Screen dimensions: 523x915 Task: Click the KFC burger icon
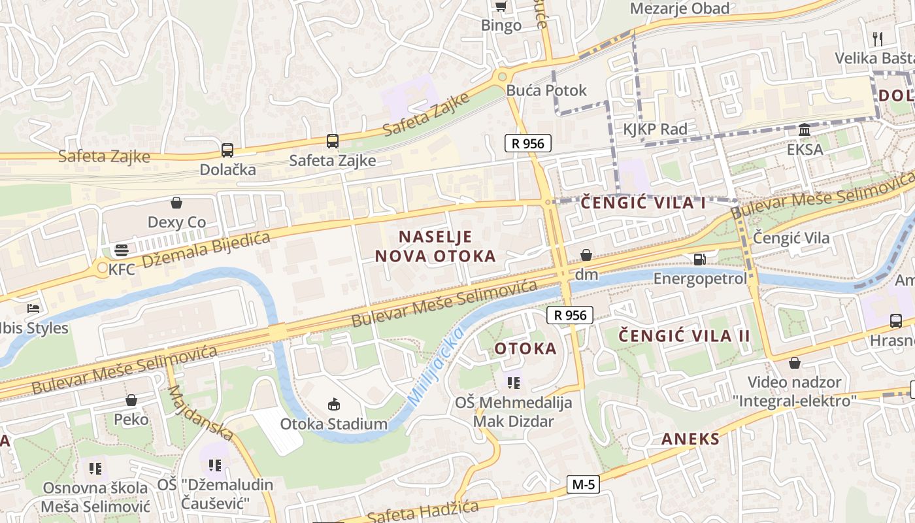(122, 249)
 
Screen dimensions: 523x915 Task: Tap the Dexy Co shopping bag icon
(176, 203)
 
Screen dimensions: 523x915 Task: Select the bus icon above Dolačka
(227, 150)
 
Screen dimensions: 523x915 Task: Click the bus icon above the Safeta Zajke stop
(333, 141)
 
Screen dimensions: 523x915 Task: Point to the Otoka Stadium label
(333, 424)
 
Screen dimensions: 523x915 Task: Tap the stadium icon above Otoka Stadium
(334, 404)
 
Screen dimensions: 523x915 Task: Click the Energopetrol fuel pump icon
(699, 259)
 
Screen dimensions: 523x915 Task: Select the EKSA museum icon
(805, 129)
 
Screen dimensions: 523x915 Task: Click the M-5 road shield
(583, 484)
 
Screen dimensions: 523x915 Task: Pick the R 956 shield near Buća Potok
(528, 143)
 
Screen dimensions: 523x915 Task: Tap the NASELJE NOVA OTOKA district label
(435, 246)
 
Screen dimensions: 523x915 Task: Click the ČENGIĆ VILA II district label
(685, 336)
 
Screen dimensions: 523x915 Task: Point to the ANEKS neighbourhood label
(690, 439)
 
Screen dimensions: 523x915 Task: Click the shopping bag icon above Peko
(131, 399)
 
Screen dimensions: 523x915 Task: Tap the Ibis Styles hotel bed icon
(33, 308)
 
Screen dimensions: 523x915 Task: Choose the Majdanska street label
(201, 413)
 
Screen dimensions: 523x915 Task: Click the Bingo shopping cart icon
(501, 7)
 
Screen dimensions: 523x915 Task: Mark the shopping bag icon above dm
(586, 254)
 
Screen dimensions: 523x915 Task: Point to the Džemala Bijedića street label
(206, 249)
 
